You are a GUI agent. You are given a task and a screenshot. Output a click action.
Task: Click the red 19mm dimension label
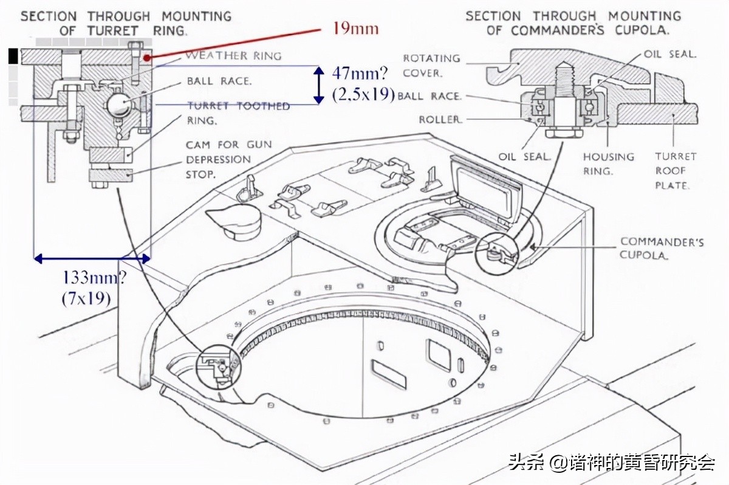pos(355,28)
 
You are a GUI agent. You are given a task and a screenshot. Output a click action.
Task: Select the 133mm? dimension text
pos(95,278)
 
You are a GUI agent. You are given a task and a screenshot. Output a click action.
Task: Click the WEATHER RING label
pos(233,56)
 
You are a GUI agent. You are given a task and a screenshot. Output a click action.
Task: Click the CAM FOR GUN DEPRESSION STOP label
pos(228,159)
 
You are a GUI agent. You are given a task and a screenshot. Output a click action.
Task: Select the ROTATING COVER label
pos(431,65)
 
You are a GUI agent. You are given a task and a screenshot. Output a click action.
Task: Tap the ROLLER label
pos(440,120)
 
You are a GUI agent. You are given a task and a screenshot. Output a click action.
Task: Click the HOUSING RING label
pos(608,163)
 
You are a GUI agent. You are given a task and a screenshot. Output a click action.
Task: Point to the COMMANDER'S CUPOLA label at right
pos(662,248)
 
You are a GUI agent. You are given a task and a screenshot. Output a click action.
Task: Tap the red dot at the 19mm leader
pos(147,57)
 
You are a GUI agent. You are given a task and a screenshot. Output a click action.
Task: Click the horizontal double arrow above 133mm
pos(92,259)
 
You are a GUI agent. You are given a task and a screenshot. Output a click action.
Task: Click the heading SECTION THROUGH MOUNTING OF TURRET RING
pos(126,22)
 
